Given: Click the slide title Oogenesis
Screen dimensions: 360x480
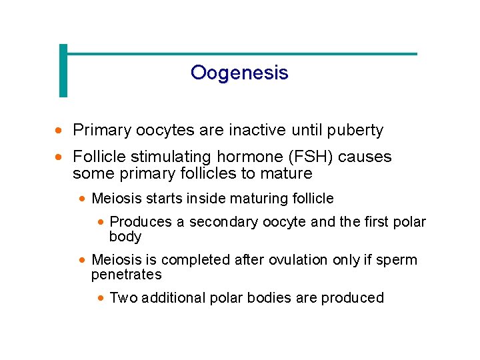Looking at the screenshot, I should point(239,72).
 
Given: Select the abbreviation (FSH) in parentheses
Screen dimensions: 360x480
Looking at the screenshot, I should point(312,157).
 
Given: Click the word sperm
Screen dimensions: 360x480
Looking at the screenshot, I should point(395,260).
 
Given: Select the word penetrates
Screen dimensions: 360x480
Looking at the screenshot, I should point(127,275).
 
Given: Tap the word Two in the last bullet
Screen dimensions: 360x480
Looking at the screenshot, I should point(122,298).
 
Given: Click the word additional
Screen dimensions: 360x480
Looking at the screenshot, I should point(170,298).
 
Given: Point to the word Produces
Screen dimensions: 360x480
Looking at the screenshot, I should point(137,222).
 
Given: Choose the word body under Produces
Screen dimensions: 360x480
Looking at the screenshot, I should point(125,237).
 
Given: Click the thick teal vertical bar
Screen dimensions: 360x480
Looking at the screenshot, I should point(63,71).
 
